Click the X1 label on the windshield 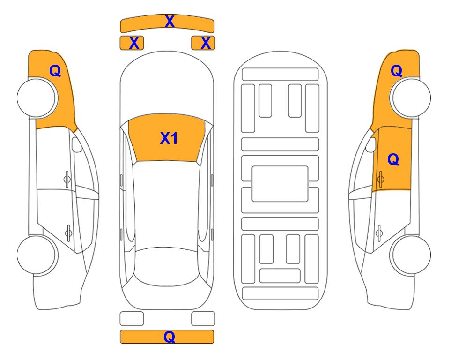click(169, 138)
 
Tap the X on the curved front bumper click(170, 22)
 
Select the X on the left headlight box click(134, 43)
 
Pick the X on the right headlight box click(206, 43)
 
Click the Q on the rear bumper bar click(169, 337)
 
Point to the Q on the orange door click(393, 159)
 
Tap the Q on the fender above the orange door click(396, 71)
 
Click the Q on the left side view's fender click(55, 71)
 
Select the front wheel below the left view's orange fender click(37, 97)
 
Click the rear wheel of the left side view click(37, 255)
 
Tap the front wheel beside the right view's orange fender click(411, 97)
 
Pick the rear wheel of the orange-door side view click(411, 255)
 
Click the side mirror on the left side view click(76, 144)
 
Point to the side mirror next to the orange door click(371, 144)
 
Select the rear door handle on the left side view click(68, 232)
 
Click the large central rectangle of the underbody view click(280, 184)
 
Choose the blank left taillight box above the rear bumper click(132, 319)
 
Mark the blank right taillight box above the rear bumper click(203, 319)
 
